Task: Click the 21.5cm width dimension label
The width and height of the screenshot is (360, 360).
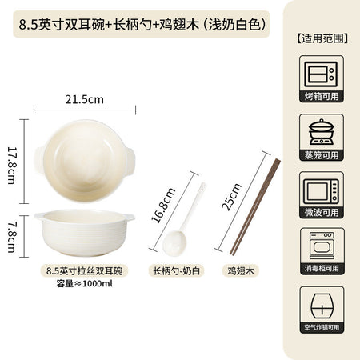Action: pos(84,99)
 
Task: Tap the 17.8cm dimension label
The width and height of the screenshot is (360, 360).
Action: pos(12,166)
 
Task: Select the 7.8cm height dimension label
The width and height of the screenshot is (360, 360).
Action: pos(12,238)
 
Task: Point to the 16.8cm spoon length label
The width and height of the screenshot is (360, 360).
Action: pos(163,205)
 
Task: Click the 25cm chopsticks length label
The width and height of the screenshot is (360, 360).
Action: pos(231,197)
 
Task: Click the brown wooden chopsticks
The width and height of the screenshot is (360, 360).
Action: pos(254,207)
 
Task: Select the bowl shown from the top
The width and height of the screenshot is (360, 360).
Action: pos(85,161)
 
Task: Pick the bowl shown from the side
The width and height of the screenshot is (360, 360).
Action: pos(84,233)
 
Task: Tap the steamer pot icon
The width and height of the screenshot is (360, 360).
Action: pos(322,132)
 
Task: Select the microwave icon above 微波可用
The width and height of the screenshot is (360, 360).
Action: pos(322,191)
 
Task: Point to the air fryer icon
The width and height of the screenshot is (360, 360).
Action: pos(322,306)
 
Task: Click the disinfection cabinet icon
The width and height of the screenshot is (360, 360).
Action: pos(322,246)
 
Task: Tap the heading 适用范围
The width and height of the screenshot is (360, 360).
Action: pos(322,38)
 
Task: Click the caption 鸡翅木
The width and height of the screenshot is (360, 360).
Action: pos(241,270)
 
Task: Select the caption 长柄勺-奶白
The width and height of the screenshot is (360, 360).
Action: pos(176,270)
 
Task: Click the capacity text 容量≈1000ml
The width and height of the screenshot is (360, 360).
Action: pos(84,283)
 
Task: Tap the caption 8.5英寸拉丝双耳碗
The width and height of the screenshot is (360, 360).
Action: pos(84,270)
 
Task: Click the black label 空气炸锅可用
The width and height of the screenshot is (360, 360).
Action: pos(322,327)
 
